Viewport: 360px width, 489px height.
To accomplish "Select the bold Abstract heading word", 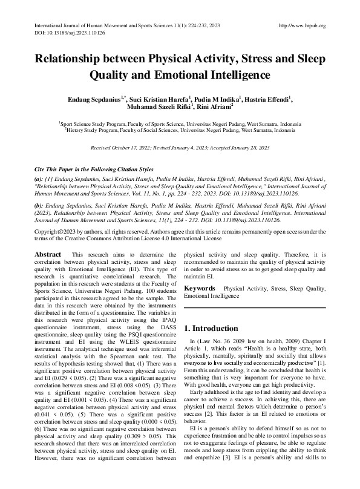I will (x=48, y=255).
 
